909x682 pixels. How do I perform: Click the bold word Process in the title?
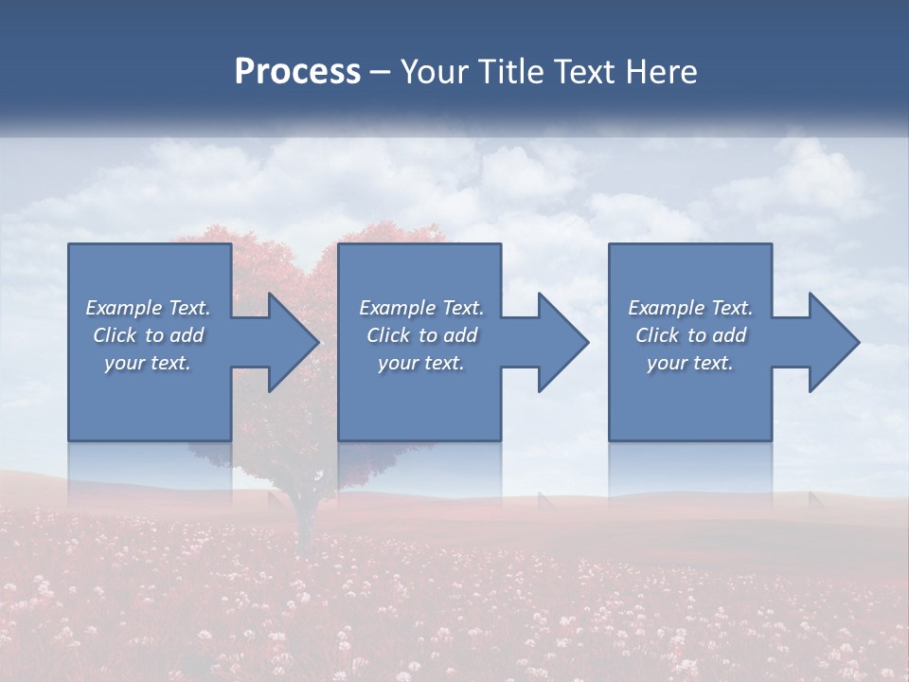pos(297,72)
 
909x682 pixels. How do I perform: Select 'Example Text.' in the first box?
pos(148,308)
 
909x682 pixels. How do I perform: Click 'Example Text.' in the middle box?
pos(420,308)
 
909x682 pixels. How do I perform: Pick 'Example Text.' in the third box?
pos(690,308)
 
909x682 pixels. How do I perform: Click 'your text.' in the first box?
pos(148,363)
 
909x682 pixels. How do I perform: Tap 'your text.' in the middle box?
pos(420,363)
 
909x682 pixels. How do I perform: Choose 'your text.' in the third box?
pos(690,363)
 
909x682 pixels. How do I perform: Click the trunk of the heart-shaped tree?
pos(304,521)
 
